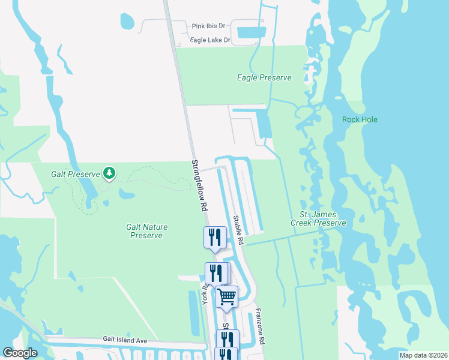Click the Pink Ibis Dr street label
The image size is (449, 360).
pos(208,26)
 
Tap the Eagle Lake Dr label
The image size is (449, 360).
pos(210,40)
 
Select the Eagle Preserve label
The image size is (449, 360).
pos(264,78)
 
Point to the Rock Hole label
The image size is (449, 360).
pos(360,119)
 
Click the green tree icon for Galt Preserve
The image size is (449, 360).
pos(109,173)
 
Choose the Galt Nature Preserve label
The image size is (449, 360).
pos(146,231)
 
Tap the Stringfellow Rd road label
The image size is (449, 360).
pos(200,184)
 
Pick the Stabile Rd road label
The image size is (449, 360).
pos(238,229)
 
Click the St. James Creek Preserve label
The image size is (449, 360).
pos(318,219)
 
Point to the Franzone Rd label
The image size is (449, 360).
pos(259,326)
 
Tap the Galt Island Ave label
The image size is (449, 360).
pos(125,340)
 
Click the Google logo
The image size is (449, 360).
pos(20,353)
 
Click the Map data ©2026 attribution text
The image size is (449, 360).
pos(423,355)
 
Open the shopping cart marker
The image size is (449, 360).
pos(226,297)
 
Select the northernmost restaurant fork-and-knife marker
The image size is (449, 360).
pos(214,237)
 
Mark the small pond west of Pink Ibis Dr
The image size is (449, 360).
pos(127,22)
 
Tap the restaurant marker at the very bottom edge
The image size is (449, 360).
pos(226,355)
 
